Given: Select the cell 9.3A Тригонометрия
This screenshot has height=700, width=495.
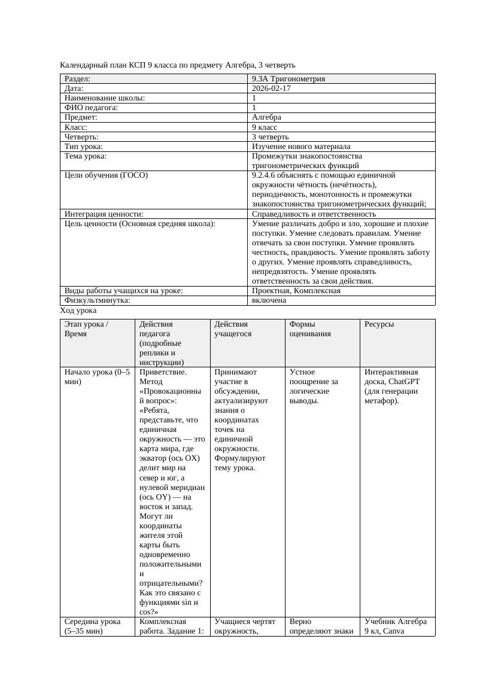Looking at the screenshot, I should coord(289,78).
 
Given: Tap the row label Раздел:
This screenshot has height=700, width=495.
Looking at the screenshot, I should coord(77,78).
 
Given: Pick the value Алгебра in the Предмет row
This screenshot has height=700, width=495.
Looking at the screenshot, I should coord(266,117).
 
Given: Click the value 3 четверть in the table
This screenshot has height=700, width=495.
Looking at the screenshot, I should coord(270,136).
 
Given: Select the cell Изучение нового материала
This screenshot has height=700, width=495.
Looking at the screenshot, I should coord(301,146).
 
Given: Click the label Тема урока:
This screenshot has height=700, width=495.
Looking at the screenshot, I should coord(86,156).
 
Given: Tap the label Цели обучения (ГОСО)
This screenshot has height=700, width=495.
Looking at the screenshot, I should coord(106,175).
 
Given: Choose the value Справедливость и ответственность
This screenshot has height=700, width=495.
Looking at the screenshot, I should coord(314,214).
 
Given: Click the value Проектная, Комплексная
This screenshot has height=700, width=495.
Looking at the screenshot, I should coord(296,290).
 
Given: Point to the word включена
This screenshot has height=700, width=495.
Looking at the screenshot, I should coord(269,300).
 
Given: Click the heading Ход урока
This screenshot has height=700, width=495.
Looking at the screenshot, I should coord(78,311).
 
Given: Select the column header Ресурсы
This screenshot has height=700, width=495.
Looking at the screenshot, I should coord(379,324).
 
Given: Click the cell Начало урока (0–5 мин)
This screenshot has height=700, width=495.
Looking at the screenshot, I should coord(96,376).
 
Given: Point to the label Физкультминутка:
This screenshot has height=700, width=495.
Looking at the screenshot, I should coord(97,300).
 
